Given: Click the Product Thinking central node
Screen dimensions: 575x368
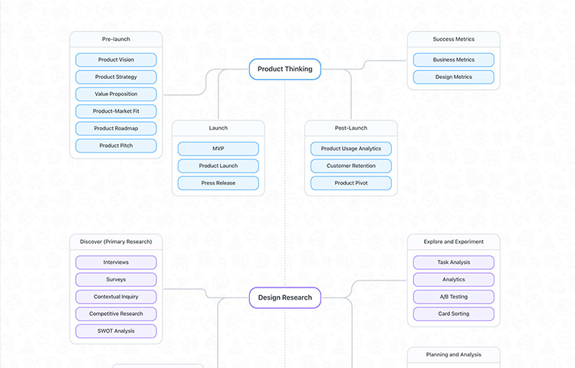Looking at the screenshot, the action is click(x=285, y=69).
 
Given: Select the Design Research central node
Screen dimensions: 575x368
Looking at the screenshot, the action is click(x=285, y=297).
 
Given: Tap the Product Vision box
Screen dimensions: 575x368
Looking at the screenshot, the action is click(x=116, y=60).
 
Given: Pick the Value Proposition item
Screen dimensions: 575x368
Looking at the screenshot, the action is click(x=116, y=94).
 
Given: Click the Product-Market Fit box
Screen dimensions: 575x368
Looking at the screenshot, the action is click(x=116, y=111).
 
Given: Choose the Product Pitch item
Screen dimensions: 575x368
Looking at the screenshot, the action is click(x=116, y=146).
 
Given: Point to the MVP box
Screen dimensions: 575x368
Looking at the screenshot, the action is click(x=219, y=149).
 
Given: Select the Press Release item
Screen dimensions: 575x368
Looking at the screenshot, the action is click(x=219, y=183).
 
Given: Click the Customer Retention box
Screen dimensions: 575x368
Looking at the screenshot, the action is click(x=351, y=166).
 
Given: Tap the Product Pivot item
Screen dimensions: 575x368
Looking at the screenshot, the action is click(x=351, y=183).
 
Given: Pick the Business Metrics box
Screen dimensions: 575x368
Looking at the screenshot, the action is click(x=454, y=60).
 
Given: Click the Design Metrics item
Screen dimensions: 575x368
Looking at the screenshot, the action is click(x=454, y=77).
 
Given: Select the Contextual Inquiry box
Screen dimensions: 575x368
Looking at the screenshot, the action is click(x=116, y=297).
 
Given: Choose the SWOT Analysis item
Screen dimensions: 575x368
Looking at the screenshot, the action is click(x=116, y=331).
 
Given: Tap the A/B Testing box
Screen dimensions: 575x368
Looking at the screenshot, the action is click(x=454, y=297).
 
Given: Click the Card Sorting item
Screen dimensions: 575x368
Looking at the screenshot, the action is click(x=454, y=314).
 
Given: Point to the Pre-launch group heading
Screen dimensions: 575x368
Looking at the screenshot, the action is click(x=116, y=39).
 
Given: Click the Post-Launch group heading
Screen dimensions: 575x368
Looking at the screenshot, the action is click(x=351, y=128).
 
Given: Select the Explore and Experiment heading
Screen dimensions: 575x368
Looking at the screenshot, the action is click(x=454, y=242).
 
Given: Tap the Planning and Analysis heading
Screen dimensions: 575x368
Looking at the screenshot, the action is click(x=454, y=355).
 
